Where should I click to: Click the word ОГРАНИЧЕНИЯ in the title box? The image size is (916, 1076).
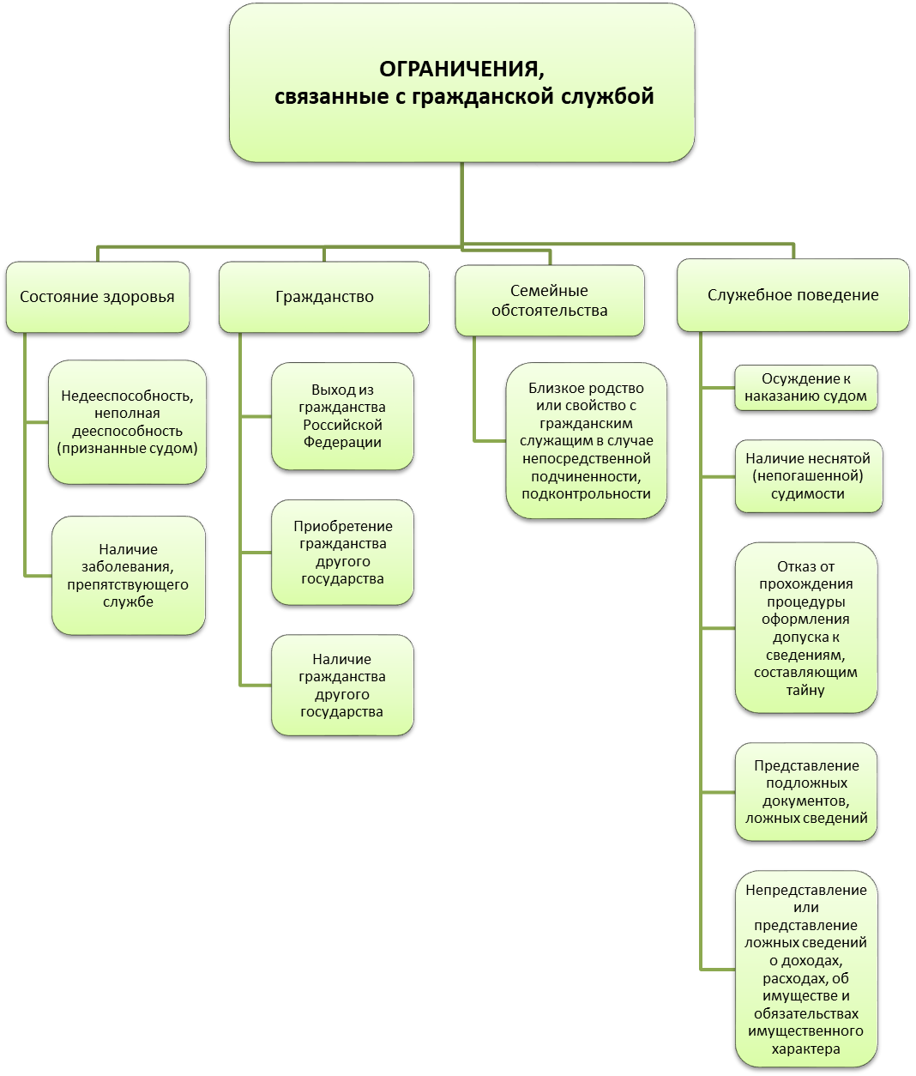coord(461,70)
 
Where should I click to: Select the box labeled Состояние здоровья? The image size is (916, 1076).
coord(97,297)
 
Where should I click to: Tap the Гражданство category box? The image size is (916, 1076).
coord(323,297)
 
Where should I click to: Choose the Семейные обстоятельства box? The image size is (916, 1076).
coord(550,300)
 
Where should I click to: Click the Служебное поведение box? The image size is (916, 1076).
coord(792,295)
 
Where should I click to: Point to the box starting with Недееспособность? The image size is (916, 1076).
coord(128,422)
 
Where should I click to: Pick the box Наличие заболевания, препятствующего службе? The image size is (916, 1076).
coord(129,575)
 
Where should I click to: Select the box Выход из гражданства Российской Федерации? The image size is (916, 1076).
coord(342,416)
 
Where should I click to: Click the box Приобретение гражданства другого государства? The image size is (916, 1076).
coord(342,553)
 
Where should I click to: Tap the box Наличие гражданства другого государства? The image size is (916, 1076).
coord(342,685)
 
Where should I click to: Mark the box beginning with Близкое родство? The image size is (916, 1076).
coord(586,440)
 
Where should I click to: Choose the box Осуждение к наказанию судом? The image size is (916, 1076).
coord(805,387)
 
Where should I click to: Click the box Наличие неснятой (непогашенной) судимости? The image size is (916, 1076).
coord(808,476)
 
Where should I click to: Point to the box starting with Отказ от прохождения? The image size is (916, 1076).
coord(805,628)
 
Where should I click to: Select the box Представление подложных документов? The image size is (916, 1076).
coord(805,792)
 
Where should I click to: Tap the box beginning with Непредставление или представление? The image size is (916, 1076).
coord(806,969)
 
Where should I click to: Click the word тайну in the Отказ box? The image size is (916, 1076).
coord(805,690)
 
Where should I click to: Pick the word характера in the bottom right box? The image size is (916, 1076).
coord(805,1049)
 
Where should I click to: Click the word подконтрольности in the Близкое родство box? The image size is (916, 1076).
coord(586,494)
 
